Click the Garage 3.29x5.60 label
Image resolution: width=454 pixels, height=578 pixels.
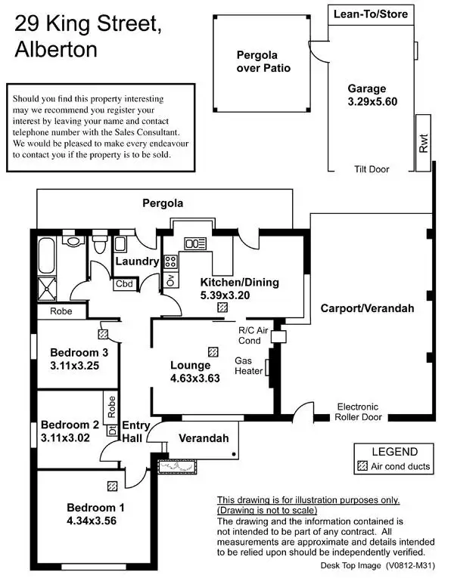click(x=372, y=94)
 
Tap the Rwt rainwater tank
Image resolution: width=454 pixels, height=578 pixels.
click(x=423, y=143)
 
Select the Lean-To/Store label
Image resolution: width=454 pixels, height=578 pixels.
click(x=371, y=14)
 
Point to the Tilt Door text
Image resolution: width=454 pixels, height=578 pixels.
click(x=372, y=169)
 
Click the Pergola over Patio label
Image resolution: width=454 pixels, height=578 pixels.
click(x=263, y=61)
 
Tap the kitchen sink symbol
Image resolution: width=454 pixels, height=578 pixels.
click(x=195, y=243)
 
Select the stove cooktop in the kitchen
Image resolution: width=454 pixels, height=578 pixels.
click(x=170, y=261)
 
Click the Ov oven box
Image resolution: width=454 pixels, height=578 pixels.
click(x=170, y=280)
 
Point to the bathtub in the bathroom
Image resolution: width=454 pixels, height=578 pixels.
click(x=46, y=255)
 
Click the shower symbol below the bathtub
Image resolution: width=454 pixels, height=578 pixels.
click(x=47, y=289)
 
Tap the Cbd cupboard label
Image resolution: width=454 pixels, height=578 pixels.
click(x=124, y=284)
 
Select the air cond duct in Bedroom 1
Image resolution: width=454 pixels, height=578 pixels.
click(x=113, y=487)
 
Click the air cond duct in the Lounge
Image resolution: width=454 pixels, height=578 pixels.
click(x=213, y=351)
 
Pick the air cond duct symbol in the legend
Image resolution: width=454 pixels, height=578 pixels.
click(x=362, y=466)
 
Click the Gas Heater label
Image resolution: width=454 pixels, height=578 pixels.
click(x=249, y=366)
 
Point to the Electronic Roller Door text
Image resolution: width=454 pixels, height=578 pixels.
click(x=358, y=412)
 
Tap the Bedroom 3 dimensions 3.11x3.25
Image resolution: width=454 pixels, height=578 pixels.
click(x=75, y=366)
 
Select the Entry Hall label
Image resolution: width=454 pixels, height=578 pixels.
click(x=135, y=431)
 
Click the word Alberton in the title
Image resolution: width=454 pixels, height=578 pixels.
click(x=56, y=49)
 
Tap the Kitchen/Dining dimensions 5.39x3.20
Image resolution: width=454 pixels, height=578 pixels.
click(x=225, y=295)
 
